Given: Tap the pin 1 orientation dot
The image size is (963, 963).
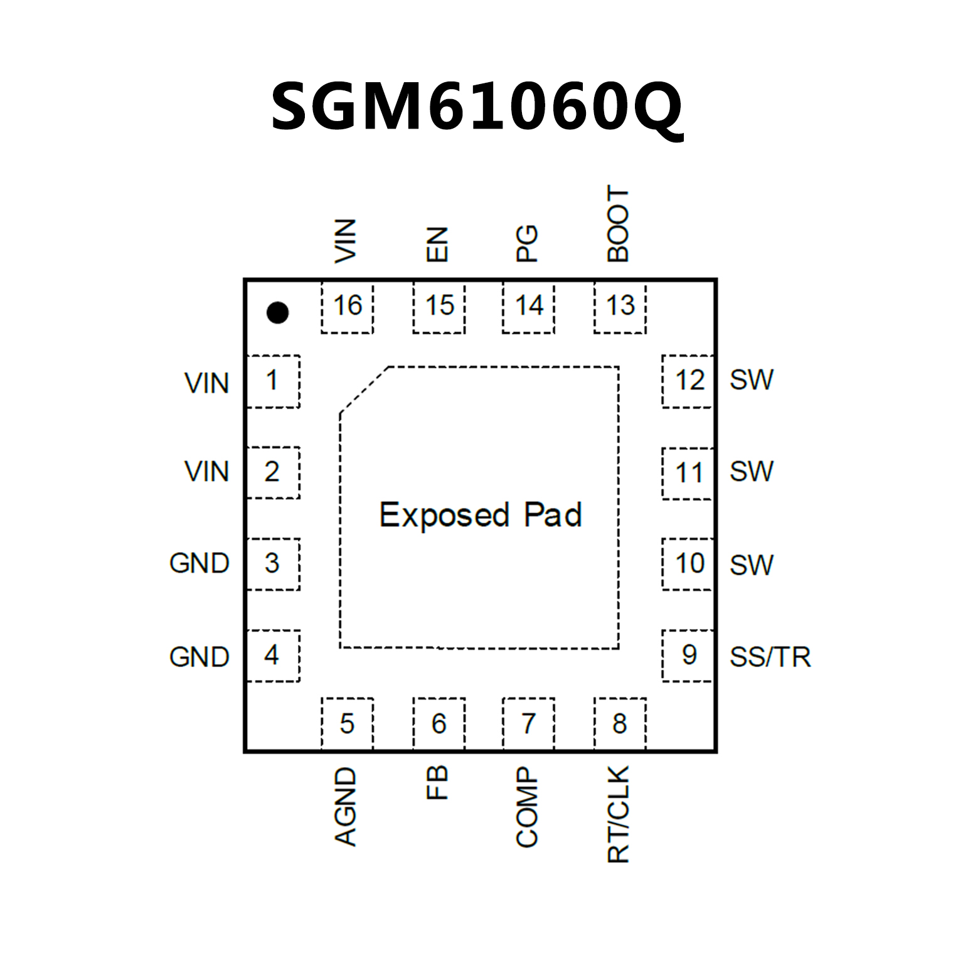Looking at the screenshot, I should [277, 312].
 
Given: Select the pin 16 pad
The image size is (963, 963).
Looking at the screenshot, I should [347, 307].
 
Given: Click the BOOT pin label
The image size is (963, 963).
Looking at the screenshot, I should [618, 224].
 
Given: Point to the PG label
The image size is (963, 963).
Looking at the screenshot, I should [527, 243].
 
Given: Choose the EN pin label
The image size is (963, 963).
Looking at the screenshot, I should [437, 244].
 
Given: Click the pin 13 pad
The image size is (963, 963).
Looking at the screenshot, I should [620, 307].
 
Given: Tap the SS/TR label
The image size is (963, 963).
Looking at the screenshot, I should [770, 657].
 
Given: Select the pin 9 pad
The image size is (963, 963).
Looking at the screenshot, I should [688, 655].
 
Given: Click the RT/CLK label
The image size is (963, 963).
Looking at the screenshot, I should [619, 814].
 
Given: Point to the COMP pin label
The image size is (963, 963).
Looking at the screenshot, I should [527, 807].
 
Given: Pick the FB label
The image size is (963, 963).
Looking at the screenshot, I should [437, 782].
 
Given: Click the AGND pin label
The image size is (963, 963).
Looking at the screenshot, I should [346, 806].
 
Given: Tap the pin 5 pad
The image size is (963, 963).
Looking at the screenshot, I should [347, 723].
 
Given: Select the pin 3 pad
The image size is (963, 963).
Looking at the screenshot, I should [273, 563].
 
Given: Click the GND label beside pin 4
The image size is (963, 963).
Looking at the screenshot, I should [200, 657].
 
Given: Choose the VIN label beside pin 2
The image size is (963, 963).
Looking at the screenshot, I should [206, 472].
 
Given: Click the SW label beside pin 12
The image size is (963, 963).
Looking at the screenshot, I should [752, 380].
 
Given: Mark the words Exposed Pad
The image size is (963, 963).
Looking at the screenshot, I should [481, 515].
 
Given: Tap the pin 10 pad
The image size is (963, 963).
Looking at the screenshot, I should [688, 563].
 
